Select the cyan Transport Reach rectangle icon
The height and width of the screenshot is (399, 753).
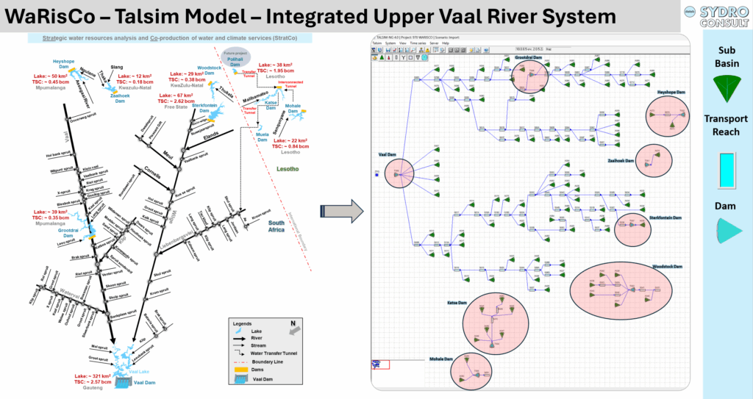(727, 168)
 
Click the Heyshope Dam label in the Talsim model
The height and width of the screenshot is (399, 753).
(671, 92)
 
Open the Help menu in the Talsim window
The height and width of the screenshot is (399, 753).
(445, 43)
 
